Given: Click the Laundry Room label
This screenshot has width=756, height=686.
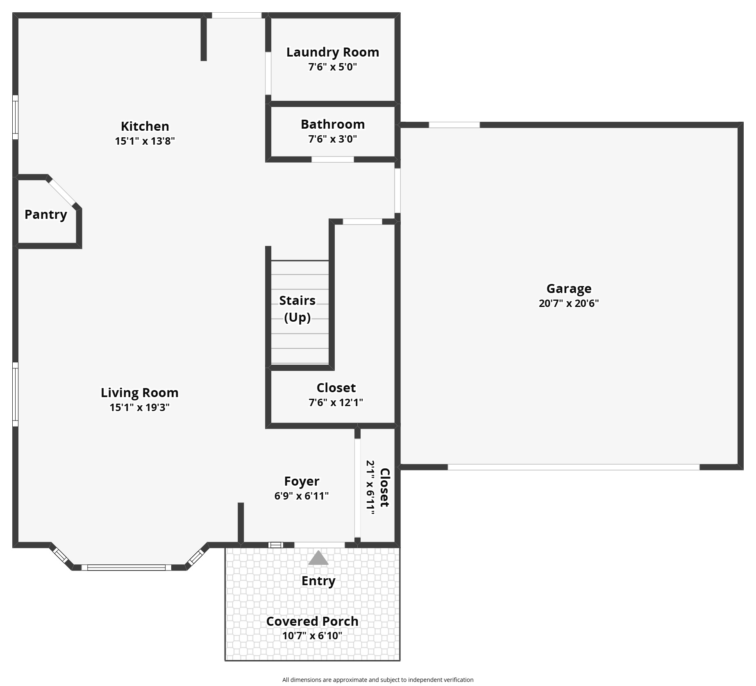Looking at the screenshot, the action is pyautogui.click(x=332, y=52).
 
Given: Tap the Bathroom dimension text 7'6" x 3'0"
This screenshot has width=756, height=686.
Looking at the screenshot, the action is pyautogui.click(x=332, y=139).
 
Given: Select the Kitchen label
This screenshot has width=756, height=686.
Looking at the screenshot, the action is pyautogui.click(x=145, y=126).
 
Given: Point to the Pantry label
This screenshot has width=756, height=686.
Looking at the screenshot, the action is pyautogui.click(x=45, y=214).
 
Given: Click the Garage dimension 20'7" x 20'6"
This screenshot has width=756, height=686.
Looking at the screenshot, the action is pyautogui.click(x=569, y=303).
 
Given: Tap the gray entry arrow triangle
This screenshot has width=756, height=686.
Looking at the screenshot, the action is pyautogui.click(x=318, y=558).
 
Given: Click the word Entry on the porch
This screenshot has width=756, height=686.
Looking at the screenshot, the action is pyautogui.click(x=318, y=581).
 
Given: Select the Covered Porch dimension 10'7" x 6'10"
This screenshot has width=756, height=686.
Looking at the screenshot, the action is pyautogui.click(x=312, y=636).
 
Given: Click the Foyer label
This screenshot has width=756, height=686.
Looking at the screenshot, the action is pyautogui.click(x=302, y=481).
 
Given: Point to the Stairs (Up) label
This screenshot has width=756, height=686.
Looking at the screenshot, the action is pyautogui.click(x=297, y=309).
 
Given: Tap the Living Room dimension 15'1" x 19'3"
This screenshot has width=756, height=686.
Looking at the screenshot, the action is pyautogui.click(x=139, y=407).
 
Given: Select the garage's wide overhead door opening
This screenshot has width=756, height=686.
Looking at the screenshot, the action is pyautogui.click(x=574, y=467).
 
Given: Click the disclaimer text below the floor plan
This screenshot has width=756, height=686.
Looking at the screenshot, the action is pyautogui.click(x=378, y=679).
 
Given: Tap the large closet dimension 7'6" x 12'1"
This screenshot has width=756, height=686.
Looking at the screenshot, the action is pyautogui.click(x=336, y=402).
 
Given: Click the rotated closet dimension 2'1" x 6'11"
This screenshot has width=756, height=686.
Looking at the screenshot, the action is pyautogui.click(x=370, y=487).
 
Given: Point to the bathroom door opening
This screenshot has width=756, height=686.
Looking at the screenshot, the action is pyautogui.click(x=333, y=159).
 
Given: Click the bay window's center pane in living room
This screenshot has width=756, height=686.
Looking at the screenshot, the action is pyautogui.click(x=126, y=568).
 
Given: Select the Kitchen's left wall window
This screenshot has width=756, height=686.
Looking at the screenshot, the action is pyautogui.click(x=15, y=117).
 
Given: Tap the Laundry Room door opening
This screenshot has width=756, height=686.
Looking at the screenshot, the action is pyautogui.click(x=268, y=73).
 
